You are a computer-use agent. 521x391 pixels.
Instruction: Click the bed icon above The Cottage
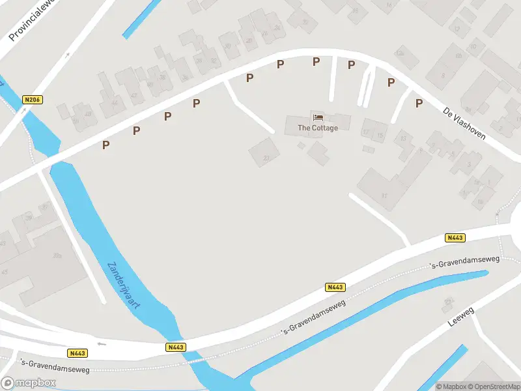(318, 117)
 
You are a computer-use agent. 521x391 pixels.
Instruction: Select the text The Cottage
(318, 128)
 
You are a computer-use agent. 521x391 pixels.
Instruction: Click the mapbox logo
(28, 383)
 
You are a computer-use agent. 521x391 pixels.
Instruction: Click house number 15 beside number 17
(380, 135)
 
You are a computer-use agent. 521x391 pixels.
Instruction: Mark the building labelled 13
(403, 139)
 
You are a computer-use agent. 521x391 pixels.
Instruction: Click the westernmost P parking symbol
(106, 145)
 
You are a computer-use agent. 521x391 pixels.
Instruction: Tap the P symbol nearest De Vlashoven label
(419, 103)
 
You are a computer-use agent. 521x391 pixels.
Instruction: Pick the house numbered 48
(88, 114)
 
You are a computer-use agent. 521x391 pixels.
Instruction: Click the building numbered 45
(7, 271)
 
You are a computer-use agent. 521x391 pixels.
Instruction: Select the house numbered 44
(115, 102)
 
